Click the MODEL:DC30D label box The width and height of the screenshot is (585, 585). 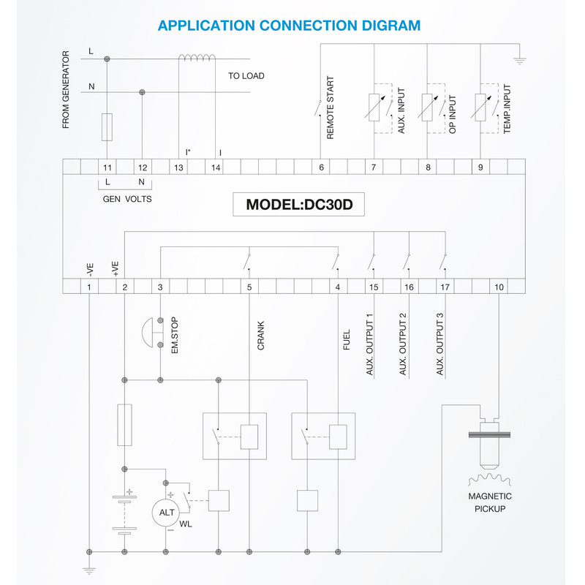[x=299, y=205]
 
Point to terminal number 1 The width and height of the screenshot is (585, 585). [x=88, y=287]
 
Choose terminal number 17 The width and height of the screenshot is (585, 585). [x=445, y=287]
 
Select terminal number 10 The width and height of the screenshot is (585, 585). [x=499, y=287]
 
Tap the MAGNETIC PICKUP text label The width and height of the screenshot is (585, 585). [x=490, y=502]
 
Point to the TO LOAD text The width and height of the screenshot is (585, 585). [x=246, y=76]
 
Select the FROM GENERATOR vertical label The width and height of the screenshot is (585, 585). [x=66, y=90]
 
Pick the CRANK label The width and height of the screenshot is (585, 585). [x=261, y=336]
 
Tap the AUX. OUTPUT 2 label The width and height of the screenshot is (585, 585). [x=403, y=344]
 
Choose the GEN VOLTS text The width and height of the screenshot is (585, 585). [x=127, y=198]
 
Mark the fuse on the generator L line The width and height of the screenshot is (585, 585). [x=107, y=127]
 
